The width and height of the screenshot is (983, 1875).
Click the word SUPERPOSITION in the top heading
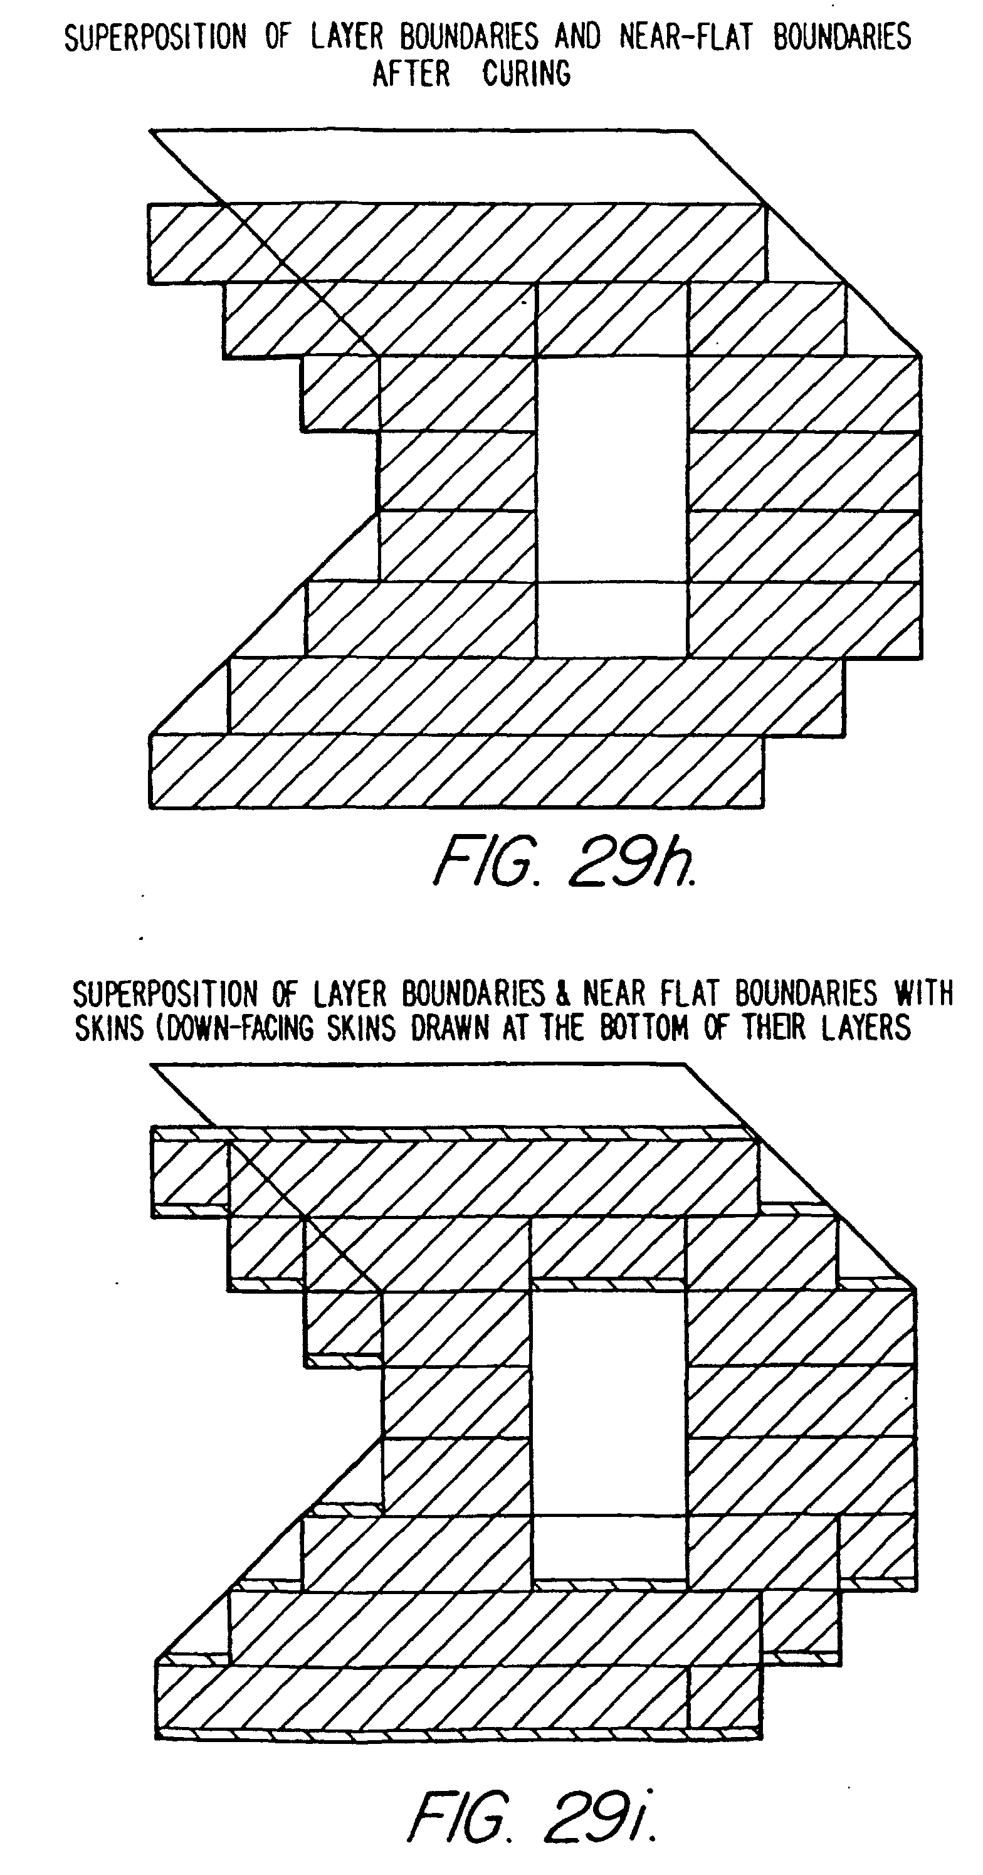pyautogui.click(x=155, y=38)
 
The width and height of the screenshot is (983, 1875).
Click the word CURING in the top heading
pyautogui.click(x=526, y=73)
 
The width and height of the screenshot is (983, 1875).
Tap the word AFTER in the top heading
pyautogui.click(x=411, y=73)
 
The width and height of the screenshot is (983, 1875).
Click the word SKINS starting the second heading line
pyautogui.click(x=109, y=1028)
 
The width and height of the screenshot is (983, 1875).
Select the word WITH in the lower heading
pyautogui.click(x=923, y=993)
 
